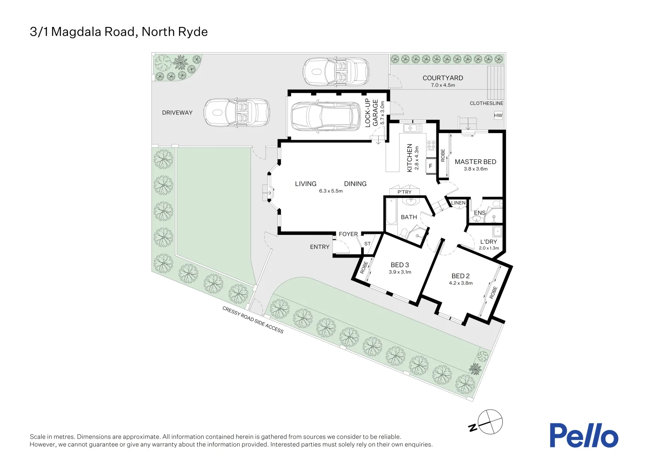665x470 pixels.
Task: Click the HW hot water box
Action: (x=498, y=115)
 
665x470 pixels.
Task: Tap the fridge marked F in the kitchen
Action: (x=431, y=166)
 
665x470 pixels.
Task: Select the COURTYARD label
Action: (x=443, y=78)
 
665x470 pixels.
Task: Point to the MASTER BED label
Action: (x=475, y=162)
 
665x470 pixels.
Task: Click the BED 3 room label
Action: (x=400, y=265)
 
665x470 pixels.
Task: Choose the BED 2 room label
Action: (x=460, y=276)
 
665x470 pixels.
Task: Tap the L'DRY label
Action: (x=488, y=242)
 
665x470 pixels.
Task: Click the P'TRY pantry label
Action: (x=404, y=192)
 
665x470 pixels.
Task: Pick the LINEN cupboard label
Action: (x=458, y=203)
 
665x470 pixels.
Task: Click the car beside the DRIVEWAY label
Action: (x=237, y=113)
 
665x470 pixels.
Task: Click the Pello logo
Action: (x=583, y=435)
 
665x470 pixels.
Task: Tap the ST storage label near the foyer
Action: (x=367, y=244)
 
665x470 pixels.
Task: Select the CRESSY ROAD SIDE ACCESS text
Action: (x=253, y=320)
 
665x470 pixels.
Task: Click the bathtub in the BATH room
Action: (x=391, y=212)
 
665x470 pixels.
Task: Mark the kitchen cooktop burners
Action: (x=431, y=145)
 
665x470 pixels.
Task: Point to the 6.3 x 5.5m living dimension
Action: (x=331, y=191)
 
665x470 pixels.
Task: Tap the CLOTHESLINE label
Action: (x=486, y=104)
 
